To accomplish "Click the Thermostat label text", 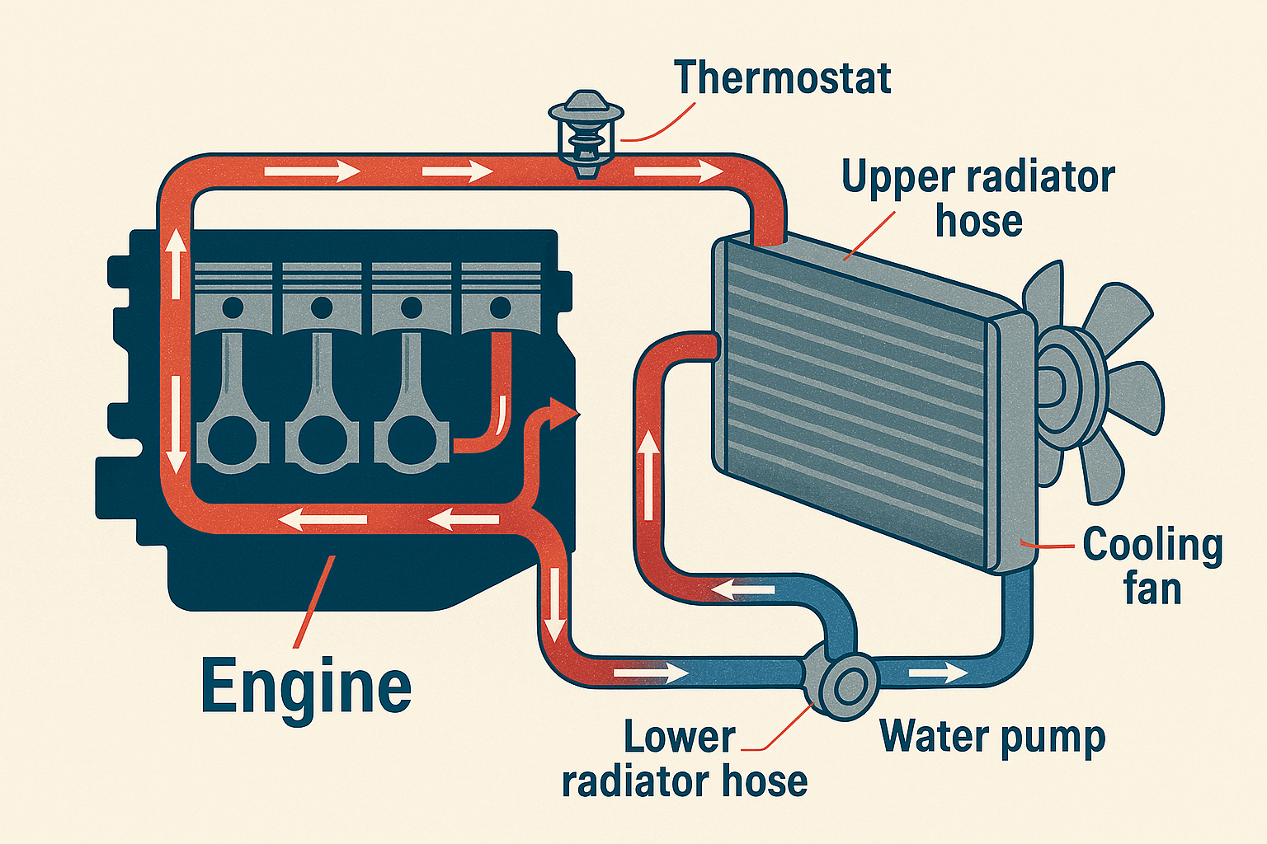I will click(782, 77).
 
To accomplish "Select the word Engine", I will click(306, 687).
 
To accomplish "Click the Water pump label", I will click(992, 736).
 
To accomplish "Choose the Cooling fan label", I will click(1152, 567).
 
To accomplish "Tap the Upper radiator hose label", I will click(978, 199).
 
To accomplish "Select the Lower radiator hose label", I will click(684, 758).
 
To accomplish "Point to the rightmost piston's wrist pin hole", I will click(500, 307).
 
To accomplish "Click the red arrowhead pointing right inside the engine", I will click(566, 413).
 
